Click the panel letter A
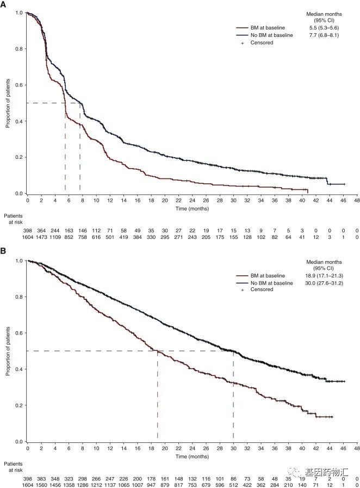point(3,4)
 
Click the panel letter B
point(3,253)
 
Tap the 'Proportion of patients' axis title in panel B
point(8,351)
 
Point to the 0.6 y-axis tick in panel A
point(20,85)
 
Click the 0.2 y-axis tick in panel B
point(20,405)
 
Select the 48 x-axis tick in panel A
point(357,201)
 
